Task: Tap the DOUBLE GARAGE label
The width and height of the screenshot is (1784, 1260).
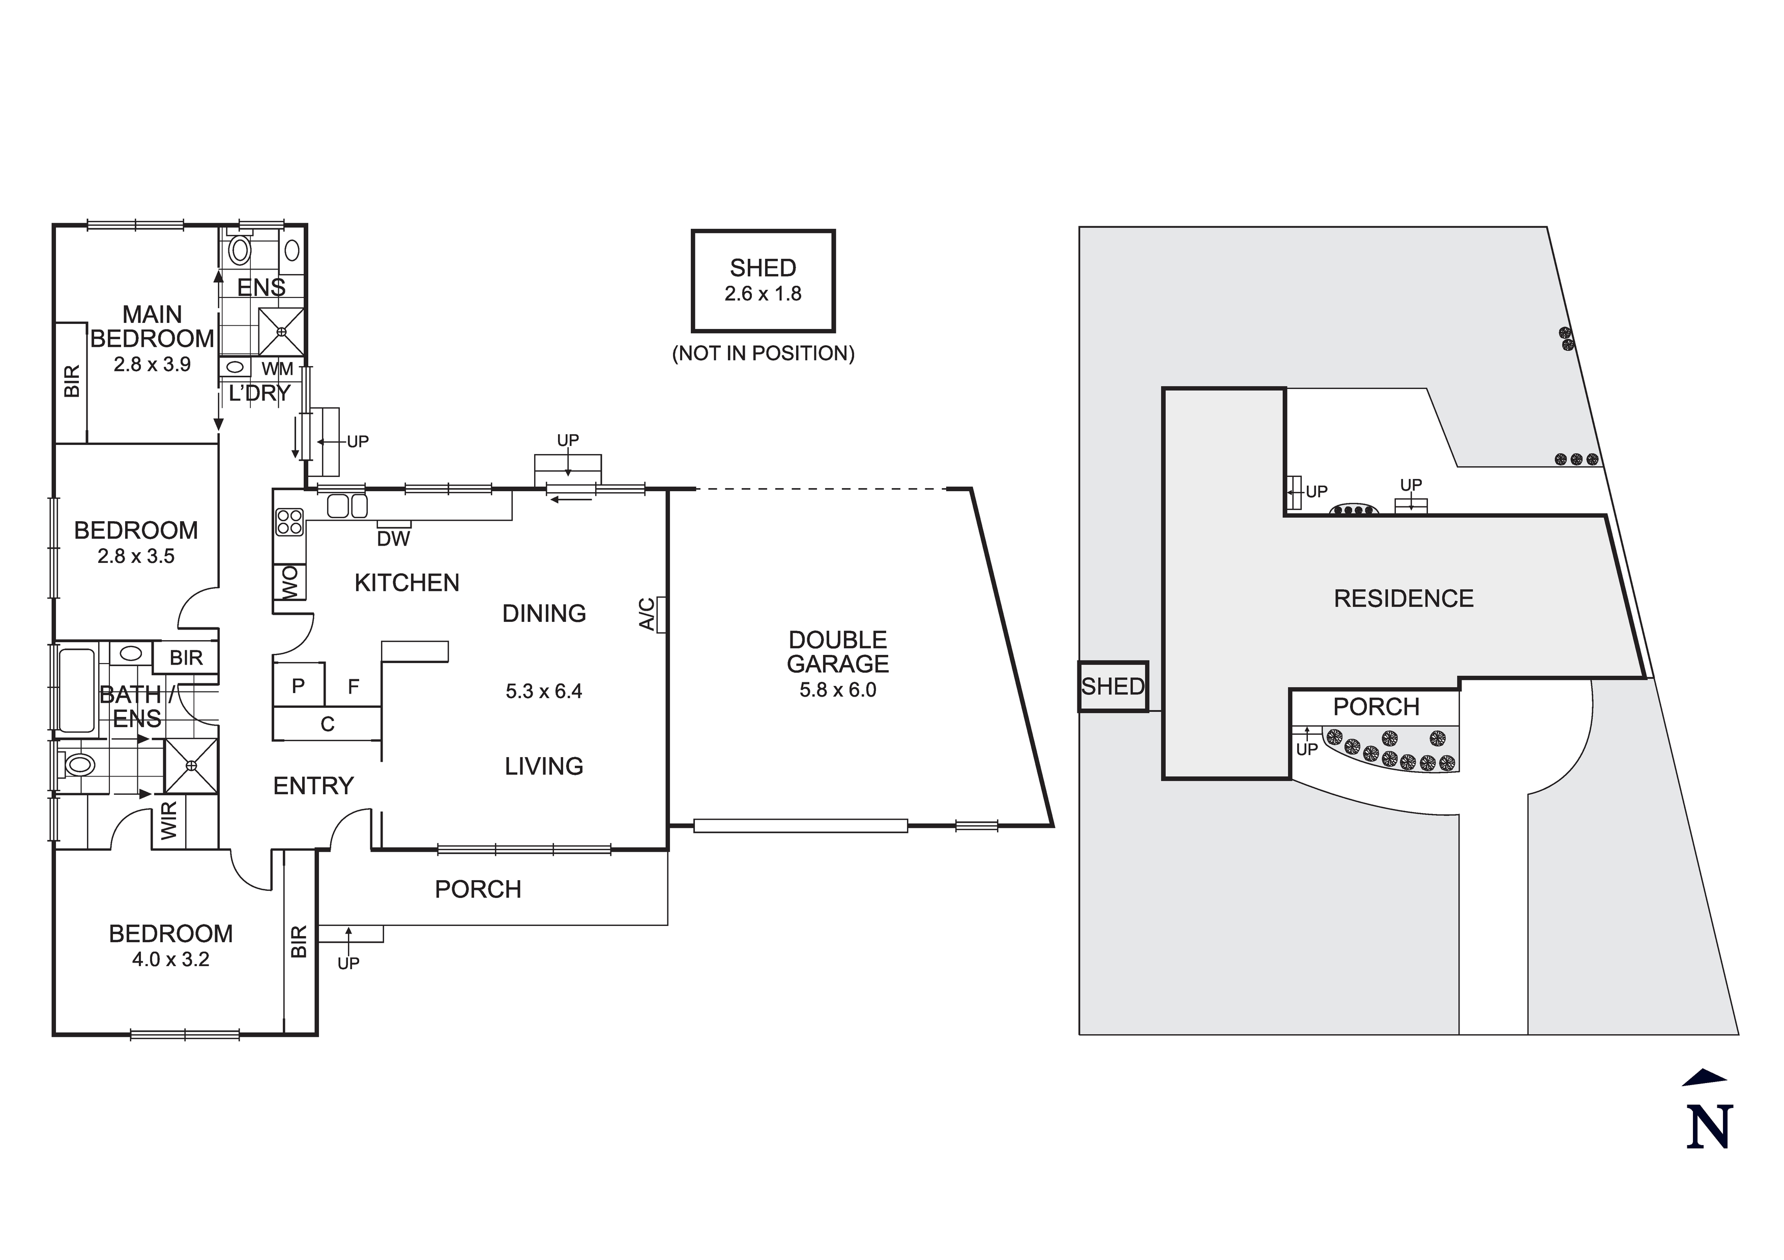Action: (x=838, y=652)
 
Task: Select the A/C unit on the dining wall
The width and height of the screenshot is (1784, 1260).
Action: (x=660, y=614)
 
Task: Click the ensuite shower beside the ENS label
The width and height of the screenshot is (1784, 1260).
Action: (x=281, y=332)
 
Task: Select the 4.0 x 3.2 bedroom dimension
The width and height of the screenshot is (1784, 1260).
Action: (x=170, y=959)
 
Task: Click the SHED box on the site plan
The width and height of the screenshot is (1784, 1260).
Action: (x=1113, y=686)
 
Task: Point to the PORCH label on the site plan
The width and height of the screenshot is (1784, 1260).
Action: (x=1376, y=707)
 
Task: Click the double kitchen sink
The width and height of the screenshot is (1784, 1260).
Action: (x=346, y=506)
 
